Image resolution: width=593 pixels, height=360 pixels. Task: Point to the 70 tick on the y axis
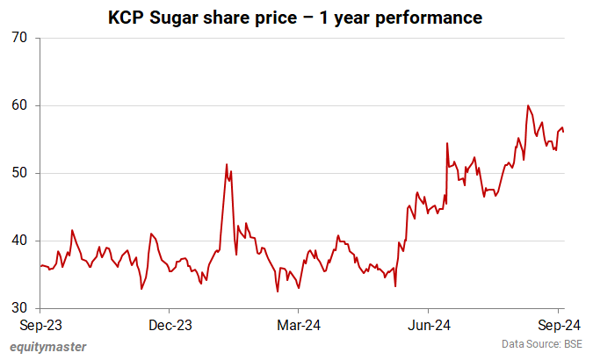pyautogui.click(x=19, y=39)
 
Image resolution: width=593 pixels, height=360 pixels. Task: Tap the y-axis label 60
pyautogui.click(x=19, y=106)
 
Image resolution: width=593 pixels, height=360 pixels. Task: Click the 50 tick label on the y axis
pyautogui.click(x=19, y=173)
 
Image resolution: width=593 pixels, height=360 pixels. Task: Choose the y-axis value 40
pyautogui.click(x=19, y=241)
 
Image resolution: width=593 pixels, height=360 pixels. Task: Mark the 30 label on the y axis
pyautogui.click(x=19, y=308)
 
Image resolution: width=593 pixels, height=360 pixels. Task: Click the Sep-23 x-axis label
pyautogui.click(x=40, y=325)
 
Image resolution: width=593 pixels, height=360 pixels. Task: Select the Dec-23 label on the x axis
pyautogui.click(x=169, y=325)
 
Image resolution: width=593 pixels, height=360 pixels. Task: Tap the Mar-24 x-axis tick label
pyautogui.click(x=299, y=325)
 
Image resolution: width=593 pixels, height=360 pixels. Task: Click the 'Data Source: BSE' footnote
pyautogui.click(x=543, y=343)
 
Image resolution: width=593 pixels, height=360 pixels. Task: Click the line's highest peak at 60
pyautogui.click(x=528, y=106)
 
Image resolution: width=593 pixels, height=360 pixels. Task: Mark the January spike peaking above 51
pyautogui.click(x=227, y=164)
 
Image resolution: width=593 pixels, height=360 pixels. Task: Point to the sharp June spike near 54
pyautogui.click(x=447, y=143)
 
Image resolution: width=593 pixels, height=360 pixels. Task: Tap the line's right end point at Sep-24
pyautogui.click(x=563, y=132)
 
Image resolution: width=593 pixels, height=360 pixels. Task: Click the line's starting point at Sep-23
pyautogui.click(x=40, y=265)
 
